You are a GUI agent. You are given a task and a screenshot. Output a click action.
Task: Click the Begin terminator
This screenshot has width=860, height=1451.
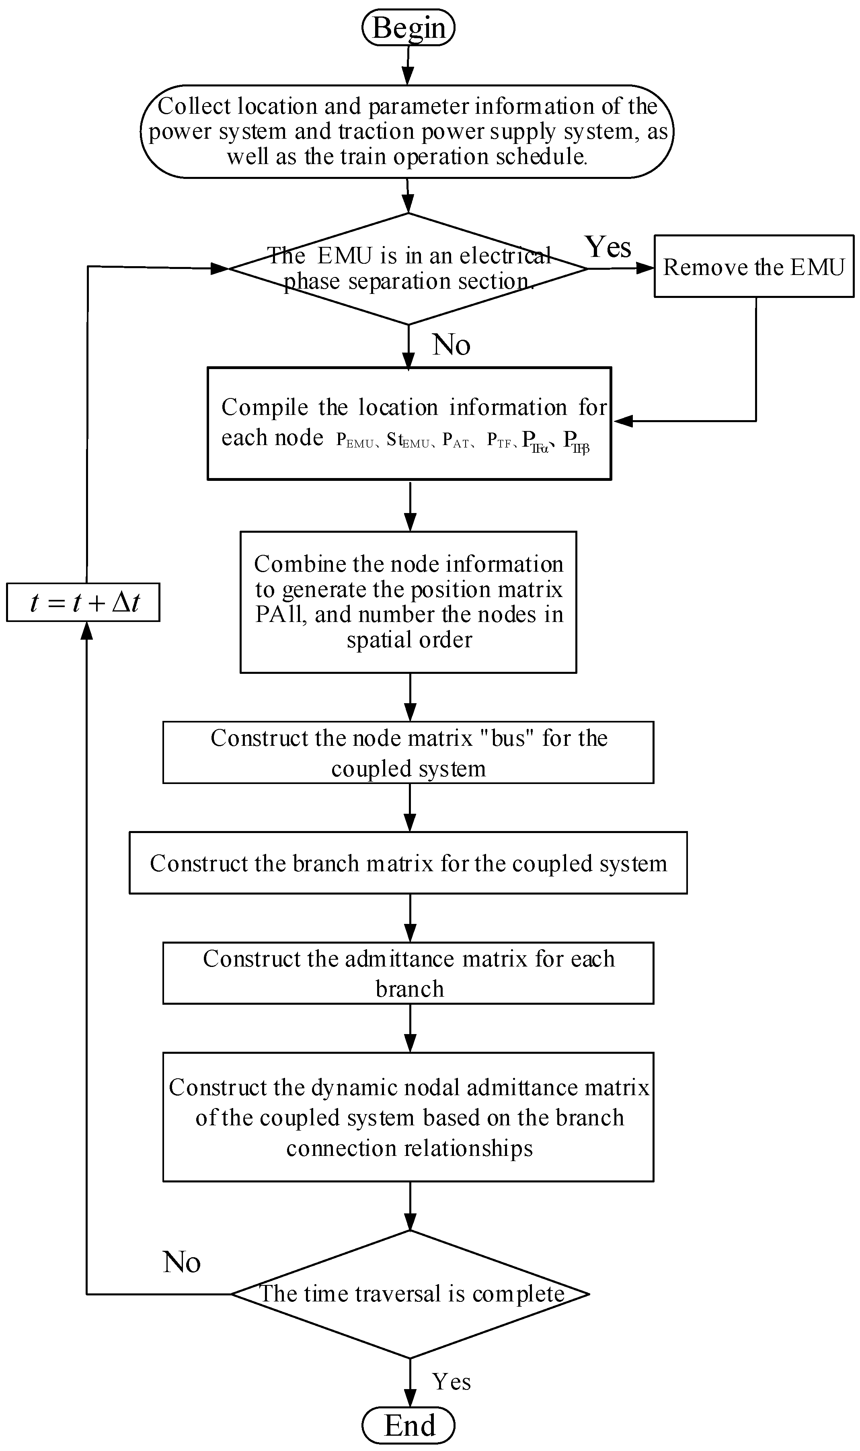tap(408, 28)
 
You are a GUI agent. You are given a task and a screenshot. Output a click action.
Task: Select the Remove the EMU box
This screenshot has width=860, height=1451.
tap(754, 267)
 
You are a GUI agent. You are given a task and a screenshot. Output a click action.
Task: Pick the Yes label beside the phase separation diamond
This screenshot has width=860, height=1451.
tap(608, 247)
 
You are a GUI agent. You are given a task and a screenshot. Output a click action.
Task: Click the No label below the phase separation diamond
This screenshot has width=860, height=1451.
tap(451, 345)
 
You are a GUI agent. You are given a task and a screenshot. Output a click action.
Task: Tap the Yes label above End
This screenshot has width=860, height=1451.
tap(451, 1382)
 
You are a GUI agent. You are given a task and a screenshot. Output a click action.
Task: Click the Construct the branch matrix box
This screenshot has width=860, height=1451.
tap(408, 864)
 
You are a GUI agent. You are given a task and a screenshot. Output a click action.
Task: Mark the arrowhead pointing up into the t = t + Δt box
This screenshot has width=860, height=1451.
tap(86, 630)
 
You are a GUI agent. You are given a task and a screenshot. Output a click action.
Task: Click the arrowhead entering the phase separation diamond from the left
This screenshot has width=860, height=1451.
tap(220, 268)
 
